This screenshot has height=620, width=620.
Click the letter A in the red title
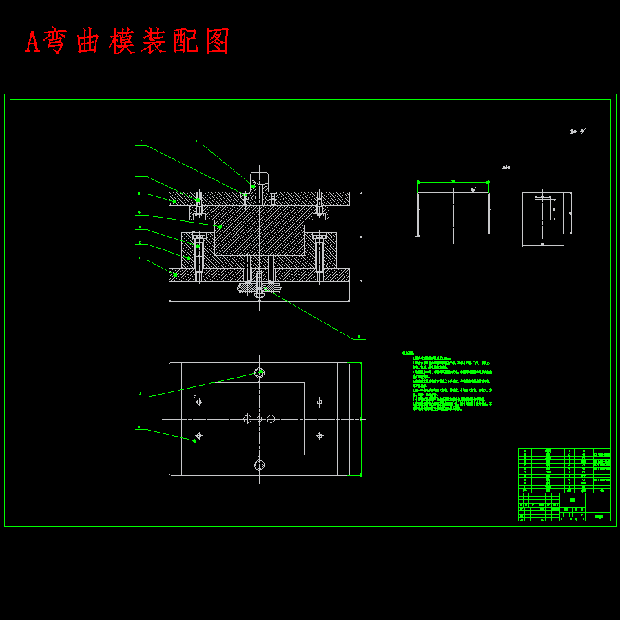[x=32, y=42]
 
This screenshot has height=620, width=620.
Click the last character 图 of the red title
[x=218, y=42]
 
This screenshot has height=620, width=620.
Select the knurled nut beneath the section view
[x=259, y=288]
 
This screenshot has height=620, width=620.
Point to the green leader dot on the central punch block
[x=220, y=227]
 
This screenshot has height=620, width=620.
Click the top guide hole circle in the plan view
[x=259, y=373]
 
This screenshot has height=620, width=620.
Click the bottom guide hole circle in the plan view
[x=259, y=465]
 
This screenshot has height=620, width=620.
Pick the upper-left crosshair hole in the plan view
[x=199, y=402]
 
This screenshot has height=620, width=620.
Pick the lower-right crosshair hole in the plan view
[x=319, y=435]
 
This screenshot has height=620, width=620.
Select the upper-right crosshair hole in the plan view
[x=319, y=402]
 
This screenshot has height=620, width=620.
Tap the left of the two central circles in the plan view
[x=247, y=419]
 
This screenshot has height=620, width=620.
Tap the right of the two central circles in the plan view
[x=271, y=419]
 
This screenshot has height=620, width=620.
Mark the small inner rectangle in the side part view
[x=544, y=209]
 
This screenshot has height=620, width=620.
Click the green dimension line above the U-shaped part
[x=453, y=183]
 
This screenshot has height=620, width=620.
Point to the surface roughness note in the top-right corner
[x=577, y=131]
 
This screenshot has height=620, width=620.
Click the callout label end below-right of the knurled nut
[x=359, y=338]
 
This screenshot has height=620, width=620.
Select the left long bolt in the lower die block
[x=199, y=255]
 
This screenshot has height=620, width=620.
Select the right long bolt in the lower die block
[x=319, y=255]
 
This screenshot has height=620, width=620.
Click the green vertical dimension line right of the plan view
[x=360, y=419]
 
